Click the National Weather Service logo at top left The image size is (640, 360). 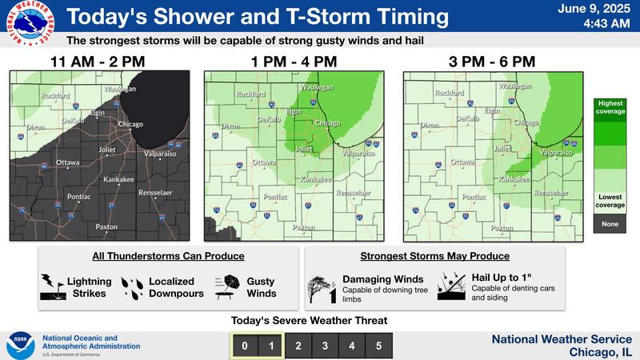point(27,26)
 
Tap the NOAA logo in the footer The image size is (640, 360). point(19,345)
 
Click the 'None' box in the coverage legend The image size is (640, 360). point(610,224)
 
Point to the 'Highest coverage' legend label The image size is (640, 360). point(610,106)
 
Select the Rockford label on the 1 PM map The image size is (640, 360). point(252,94)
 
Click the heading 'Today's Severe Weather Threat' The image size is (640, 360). point(309,321)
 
